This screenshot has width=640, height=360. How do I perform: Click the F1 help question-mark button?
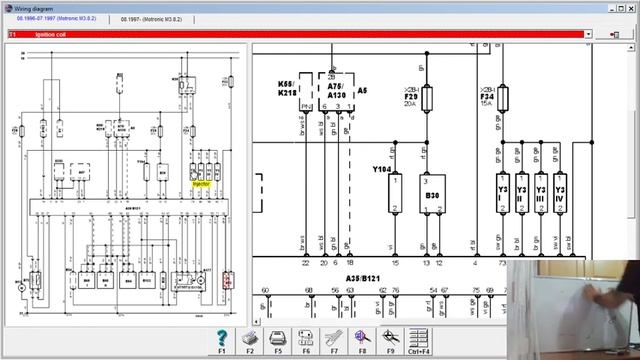pos(222,339)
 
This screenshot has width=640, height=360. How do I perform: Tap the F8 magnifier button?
pos(363,339)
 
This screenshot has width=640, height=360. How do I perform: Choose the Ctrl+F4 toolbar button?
pos(419,339)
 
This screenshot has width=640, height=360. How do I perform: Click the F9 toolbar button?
pos(390,339)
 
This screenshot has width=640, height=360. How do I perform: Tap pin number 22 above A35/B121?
pos(305,262)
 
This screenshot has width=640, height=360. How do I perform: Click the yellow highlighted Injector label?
pos(201,183)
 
